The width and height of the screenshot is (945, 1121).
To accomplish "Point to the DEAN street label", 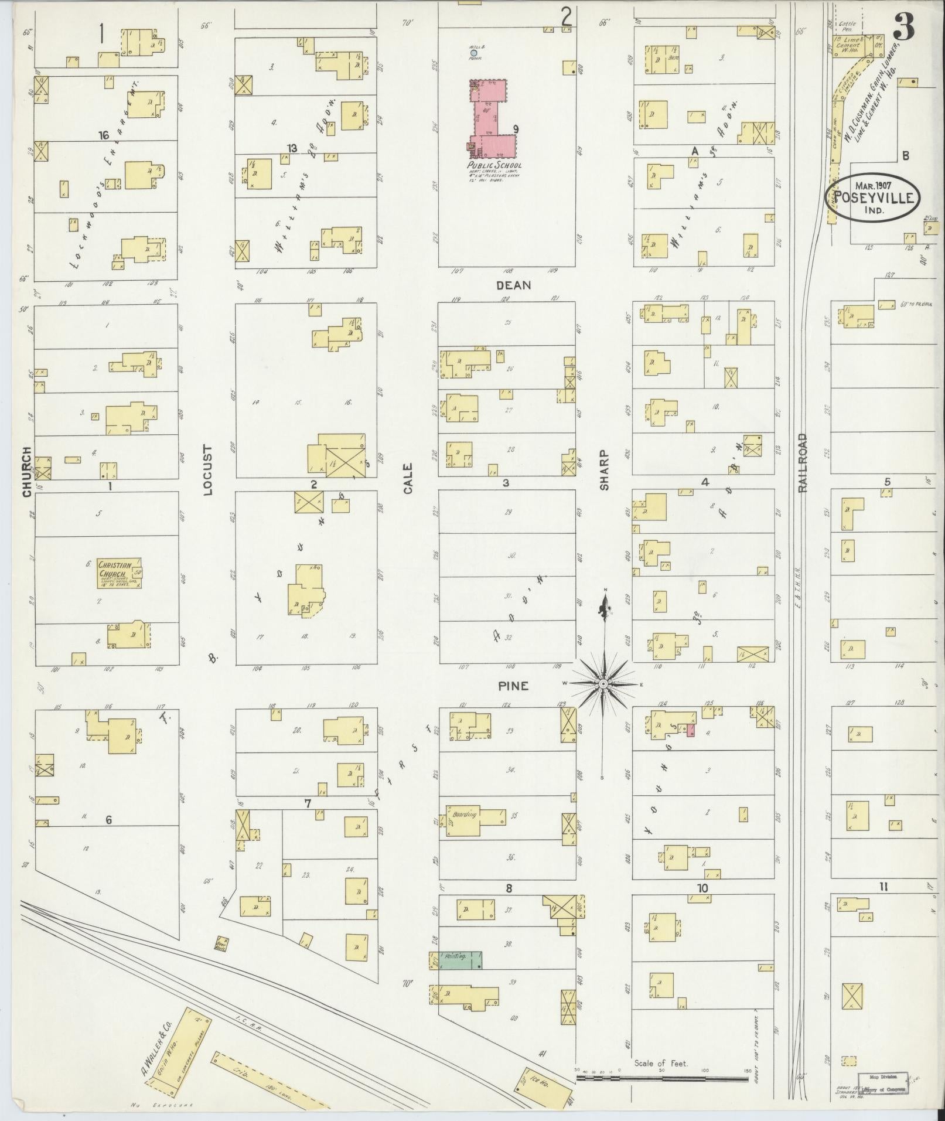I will point(513,285).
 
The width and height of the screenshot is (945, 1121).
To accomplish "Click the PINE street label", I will point(513,686).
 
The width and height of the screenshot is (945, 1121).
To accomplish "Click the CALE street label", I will point(408,478).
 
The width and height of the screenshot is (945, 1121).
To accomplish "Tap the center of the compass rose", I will point(603,684).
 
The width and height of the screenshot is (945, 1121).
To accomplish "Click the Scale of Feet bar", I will point(662,1078).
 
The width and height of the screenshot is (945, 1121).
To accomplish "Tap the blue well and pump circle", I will point(473,53).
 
